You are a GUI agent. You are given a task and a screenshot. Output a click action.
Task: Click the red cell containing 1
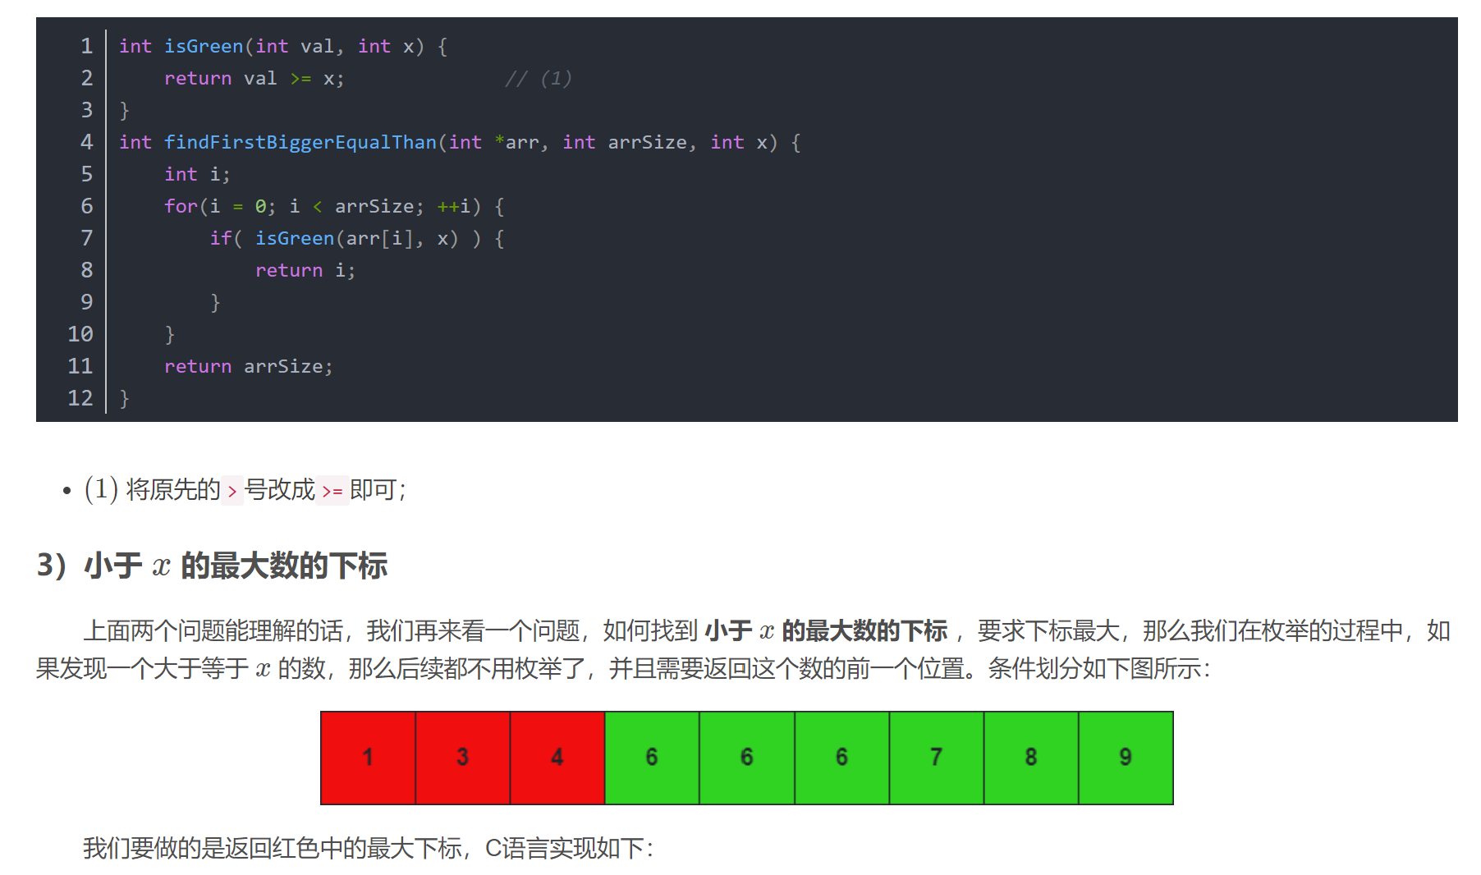(368, 758)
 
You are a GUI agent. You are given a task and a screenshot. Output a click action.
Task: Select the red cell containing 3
(463, 758)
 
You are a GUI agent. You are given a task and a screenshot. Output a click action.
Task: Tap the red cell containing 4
(557, 758)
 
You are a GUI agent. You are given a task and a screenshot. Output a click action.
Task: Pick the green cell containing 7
(936, 758)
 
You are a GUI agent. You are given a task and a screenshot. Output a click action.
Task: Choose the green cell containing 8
(1031, 758)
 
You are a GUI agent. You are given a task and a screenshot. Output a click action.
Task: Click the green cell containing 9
(1126, 758)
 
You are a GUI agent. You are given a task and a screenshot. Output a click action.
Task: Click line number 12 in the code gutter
(80, 399)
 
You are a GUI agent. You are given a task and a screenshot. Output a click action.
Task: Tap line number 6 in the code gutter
(87, 207)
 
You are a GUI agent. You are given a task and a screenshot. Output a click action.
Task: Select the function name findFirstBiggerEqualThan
(300, 143)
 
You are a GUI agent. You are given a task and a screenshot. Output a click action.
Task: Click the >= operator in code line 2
(300, 79)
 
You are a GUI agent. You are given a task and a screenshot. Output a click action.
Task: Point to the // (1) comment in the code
(538, 79)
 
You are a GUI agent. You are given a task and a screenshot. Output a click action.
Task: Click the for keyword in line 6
(181, 207)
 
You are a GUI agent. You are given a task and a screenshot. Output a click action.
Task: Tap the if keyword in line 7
(220, 239)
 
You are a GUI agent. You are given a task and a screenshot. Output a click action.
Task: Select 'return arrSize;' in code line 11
(248, 367)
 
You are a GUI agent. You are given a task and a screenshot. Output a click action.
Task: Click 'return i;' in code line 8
(305, 271)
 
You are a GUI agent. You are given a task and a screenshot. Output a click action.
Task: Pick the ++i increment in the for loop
(454, 207)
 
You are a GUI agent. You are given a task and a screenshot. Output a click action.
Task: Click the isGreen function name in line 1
(204, 47)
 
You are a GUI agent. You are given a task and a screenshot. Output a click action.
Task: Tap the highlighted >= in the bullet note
(332, 491)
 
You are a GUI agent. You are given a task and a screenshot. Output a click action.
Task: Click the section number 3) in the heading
(51, 566)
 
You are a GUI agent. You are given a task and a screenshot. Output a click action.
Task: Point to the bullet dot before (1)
(67, 491)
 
